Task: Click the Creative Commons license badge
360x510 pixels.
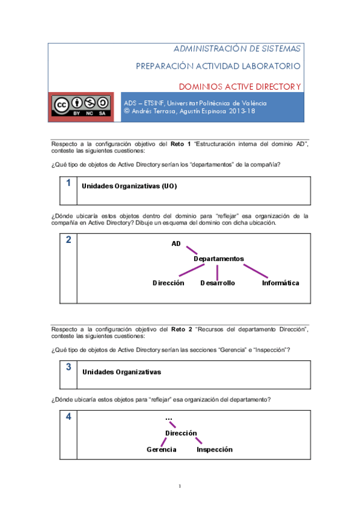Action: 81,106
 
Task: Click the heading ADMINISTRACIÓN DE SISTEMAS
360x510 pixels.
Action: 237,49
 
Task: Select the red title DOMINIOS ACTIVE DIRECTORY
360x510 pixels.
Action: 240,87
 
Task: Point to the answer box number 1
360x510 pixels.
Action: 69,183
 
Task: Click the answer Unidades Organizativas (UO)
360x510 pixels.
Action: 129,186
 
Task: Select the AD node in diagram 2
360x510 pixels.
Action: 176,244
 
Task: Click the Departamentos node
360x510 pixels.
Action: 219,259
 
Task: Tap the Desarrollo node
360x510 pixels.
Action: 218,283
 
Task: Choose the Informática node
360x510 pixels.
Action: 280,283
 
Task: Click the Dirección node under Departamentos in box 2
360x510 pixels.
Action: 168,283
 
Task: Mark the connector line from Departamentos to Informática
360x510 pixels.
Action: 255,271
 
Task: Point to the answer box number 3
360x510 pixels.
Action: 69,367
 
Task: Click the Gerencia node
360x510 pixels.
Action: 162,449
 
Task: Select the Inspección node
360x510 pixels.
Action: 215,449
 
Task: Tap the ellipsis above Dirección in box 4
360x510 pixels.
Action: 168,419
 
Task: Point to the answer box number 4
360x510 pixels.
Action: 69,416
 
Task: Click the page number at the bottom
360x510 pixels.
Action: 180,486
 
